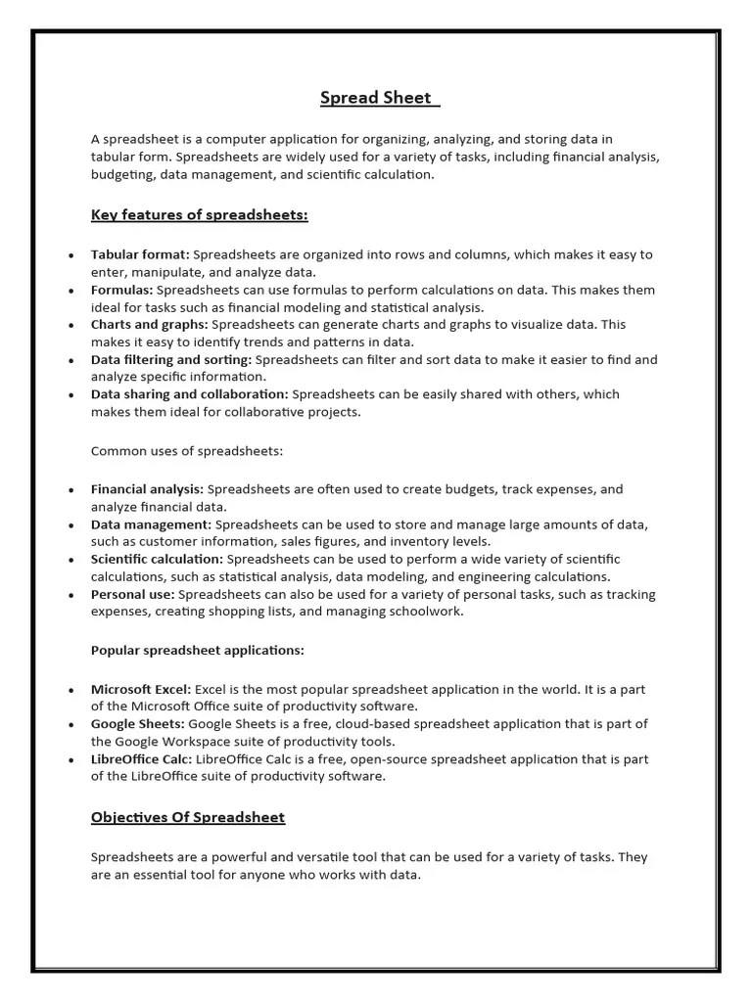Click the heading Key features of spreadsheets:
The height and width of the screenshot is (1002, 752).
point(200,214)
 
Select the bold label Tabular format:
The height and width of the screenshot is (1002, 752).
point(140,254)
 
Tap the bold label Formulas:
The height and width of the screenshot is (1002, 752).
point(122,290)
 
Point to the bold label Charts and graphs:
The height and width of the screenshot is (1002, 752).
point(150,324)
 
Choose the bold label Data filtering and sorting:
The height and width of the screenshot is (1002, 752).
point(171,359)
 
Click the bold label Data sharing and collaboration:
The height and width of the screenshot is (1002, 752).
point(190,394)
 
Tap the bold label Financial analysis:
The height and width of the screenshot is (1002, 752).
point(148,488)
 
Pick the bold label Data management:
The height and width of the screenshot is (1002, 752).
point(151,524)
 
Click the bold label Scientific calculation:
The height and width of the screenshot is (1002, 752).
point(158,559)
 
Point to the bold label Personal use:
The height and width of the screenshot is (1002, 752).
point(133,594)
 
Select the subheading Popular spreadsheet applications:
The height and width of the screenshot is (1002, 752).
point(198,650)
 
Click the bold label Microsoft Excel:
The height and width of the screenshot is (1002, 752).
point(141,689)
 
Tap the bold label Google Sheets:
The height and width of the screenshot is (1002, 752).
point(138,724)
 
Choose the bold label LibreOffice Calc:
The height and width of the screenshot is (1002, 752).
point(142,759)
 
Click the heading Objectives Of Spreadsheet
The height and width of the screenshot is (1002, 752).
point(188,817)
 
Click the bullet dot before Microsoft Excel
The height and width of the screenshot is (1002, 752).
point(70,690)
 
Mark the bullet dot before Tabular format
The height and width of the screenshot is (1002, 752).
point(70,255)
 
